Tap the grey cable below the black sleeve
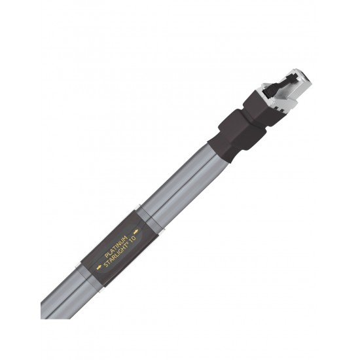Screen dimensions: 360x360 pos(62,298)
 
